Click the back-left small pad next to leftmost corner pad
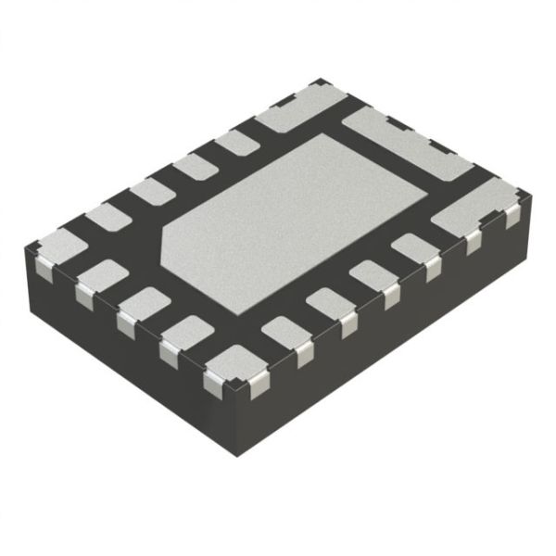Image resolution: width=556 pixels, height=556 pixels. click(x=108, y=217)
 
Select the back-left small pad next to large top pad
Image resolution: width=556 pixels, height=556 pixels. click(x=236, y=142)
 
